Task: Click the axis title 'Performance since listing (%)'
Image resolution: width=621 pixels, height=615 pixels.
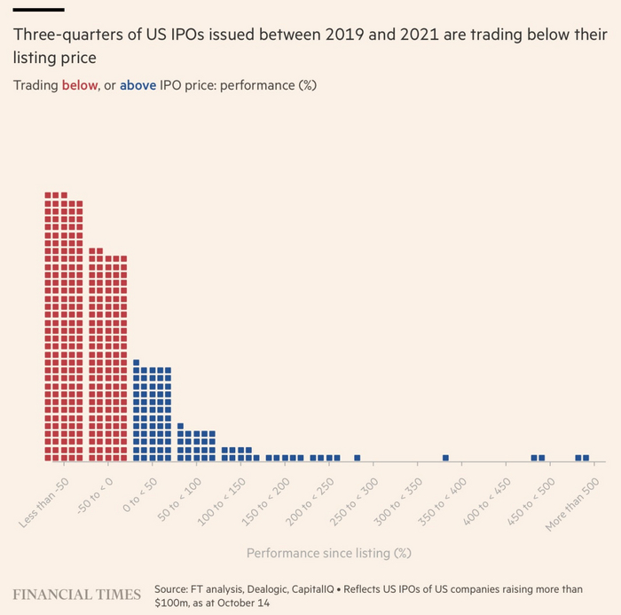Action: pos(329,553)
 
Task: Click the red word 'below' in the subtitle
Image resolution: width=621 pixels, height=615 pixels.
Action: pos(78,85)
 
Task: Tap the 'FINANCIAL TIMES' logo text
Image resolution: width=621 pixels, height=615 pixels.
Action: pos(76,594)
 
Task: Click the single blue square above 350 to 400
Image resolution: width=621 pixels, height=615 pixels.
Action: pos(445,458)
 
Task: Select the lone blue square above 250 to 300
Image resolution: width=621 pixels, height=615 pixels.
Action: pos(358,458)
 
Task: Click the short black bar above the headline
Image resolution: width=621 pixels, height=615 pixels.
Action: pos(38,9)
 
